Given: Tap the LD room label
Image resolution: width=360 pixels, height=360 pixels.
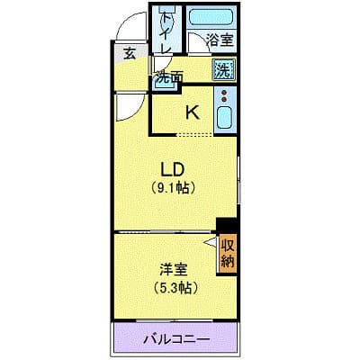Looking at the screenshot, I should pos(174,168).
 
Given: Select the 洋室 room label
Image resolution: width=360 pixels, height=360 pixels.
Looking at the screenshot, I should pos(174,269).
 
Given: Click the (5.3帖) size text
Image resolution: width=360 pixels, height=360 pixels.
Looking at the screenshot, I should pos(174,288).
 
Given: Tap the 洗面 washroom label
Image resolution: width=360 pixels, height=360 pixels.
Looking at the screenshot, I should pos(168,76).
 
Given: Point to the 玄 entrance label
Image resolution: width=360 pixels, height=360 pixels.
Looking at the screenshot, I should pos(130,54).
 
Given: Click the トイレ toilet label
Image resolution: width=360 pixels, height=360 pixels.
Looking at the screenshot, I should pos(168,31).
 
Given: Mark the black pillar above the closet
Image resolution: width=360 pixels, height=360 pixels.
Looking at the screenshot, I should pos(225,225).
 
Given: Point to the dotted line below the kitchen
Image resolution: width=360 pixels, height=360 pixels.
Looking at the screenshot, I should pos(196,134).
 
